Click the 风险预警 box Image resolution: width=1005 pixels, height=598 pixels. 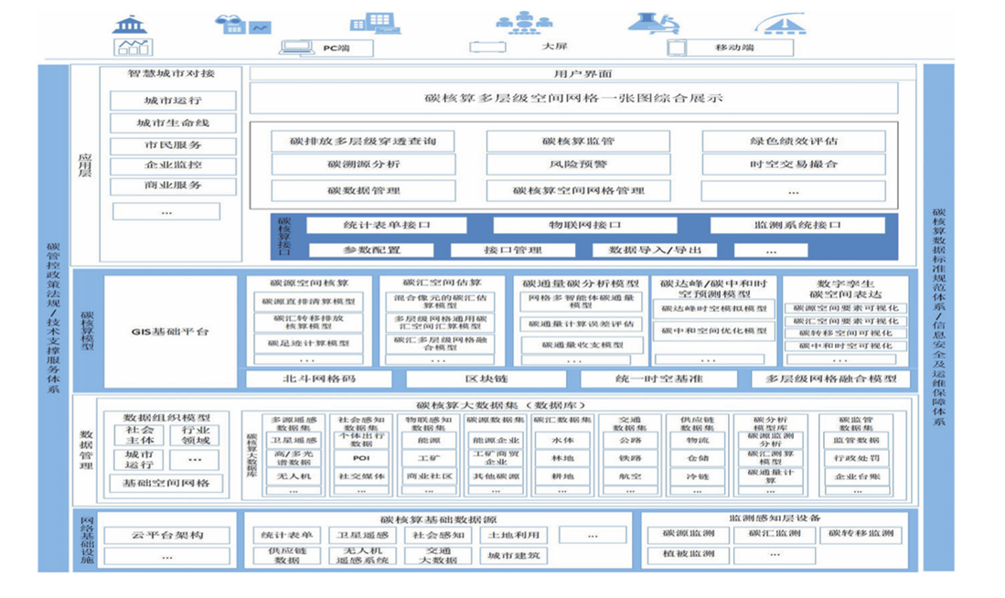tap(578, 165)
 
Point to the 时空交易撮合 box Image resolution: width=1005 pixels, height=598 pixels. tap(793, 165)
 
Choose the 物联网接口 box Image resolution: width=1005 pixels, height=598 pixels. tap(584, 225)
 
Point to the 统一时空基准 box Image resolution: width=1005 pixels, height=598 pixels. tap(657, 379)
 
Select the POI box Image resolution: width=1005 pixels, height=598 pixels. tap(361, 458)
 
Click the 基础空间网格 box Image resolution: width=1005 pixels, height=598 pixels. tap(172, 483)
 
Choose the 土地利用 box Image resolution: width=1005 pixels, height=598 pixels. tap(513, 535)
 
